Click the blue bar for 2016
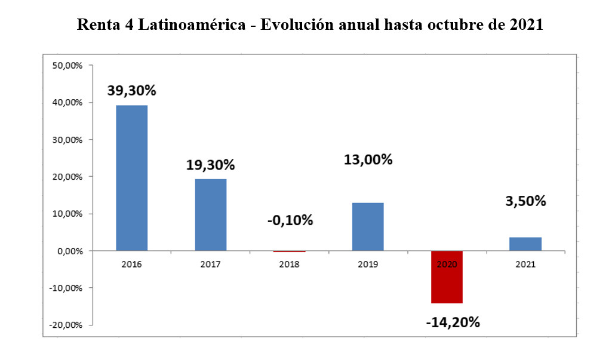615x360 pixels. pos(131,178)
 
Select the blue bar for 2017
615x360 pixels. pos(211,215)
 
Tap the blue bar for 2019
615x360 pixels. pos(368,227)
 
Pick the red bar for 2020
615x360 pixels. pos(447,277)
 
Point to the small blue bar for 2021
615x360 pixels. pos(525,244)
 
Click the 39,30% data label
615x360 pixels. pos(131,91)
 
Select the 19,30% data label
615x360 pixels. pos(211,164)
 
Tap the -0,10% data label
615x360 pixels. pos(290,220)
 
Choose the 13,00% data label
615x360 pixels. pos(368,159)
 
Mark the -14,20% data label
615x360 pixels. pos(453,322)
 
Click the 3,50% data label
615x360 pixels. pos(525,201)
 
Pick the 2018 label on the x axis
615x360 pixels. pos(290,264)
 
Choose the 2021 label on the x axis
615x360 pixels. pos(525,264)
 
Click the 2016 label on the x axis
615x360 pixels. pos(131,264)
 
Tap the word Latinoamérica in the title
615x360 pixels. pos(197,26)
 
